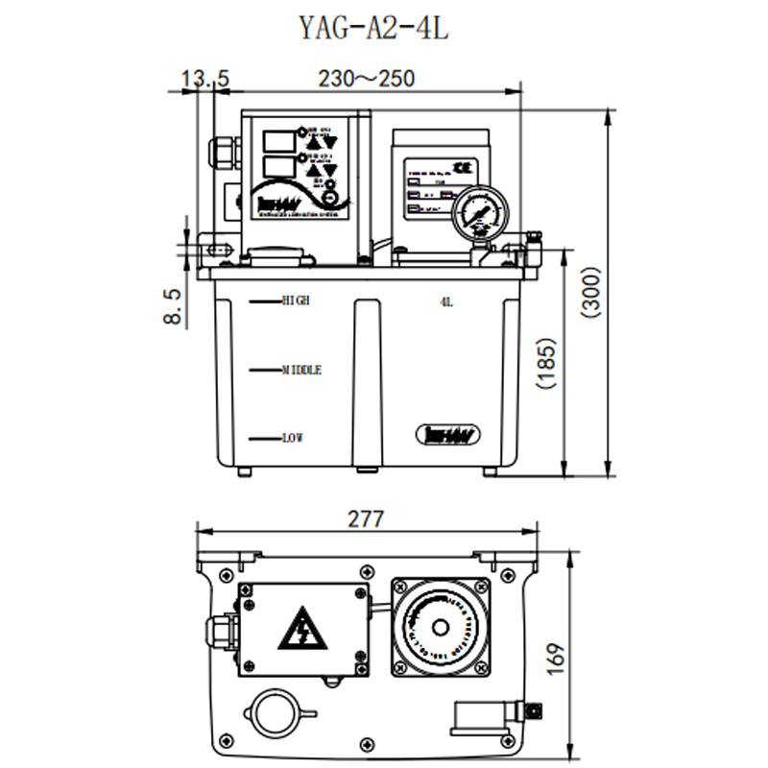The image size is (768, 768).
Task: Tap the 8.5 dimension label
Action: (173, 302)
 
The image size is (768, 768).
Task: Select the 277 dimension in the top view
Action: (366, 519)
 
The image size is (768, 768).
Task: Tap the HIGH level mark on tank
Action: (296, 300)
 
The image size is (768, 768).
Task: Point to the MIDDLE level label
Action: (301, 370)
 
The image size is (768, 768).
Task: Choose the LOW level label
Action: (293, 438)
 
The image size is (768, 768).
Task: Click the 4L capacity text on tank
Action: (445, 301)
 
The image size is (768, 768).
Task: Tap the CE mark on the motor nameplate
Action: (464, 166)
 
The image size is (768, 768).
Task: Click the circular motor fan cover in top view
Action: (441, 626)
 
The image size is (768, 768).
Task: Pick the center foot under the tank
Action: (367, 469)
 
